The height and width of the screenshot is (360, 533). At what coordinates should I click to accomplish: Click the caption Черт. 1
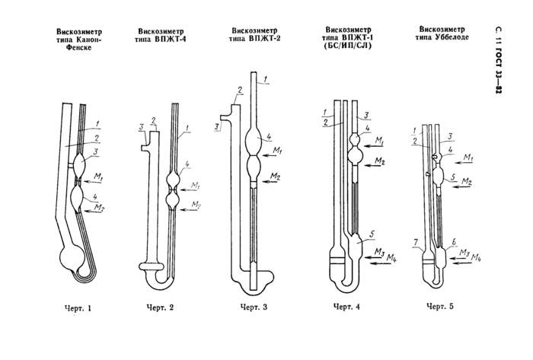coord(78,308)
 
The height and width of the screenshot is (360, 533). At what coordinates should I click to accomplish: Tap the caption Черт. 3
coord(254,307)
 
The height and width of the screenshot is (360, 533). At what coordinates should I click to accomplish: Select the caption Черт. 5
coord(440,306)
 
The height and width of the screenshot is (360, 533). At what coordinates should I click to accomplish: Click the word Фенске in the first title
coord(79,47)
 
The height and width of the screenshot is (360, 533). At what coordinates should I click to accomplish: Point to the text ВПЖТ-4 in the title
coord(171,39)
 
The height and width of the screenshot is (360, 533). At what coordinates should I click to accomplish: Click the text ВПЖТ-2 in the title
coord(264,38)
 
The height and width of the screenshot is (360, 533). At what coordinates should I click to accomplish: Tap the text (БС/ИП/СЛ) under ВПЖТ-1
coord(348,45)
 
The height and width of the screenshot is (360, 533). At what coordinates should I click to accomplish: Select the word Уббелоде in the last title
coord(452,37)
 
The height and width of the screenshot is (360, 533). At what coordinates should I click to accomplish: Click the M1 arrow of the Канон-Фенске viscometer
coord(92,183)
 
